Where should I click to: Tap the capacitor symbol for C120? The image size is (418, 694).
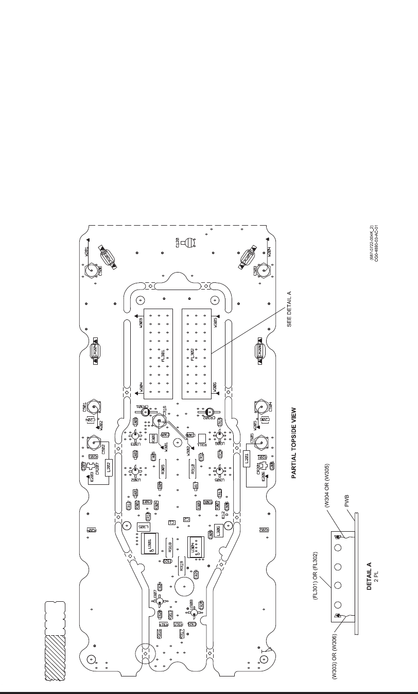190,243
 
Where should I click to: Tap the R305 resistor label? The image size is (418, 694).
163,469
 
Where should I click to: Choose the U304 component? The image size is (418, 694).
196,545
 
